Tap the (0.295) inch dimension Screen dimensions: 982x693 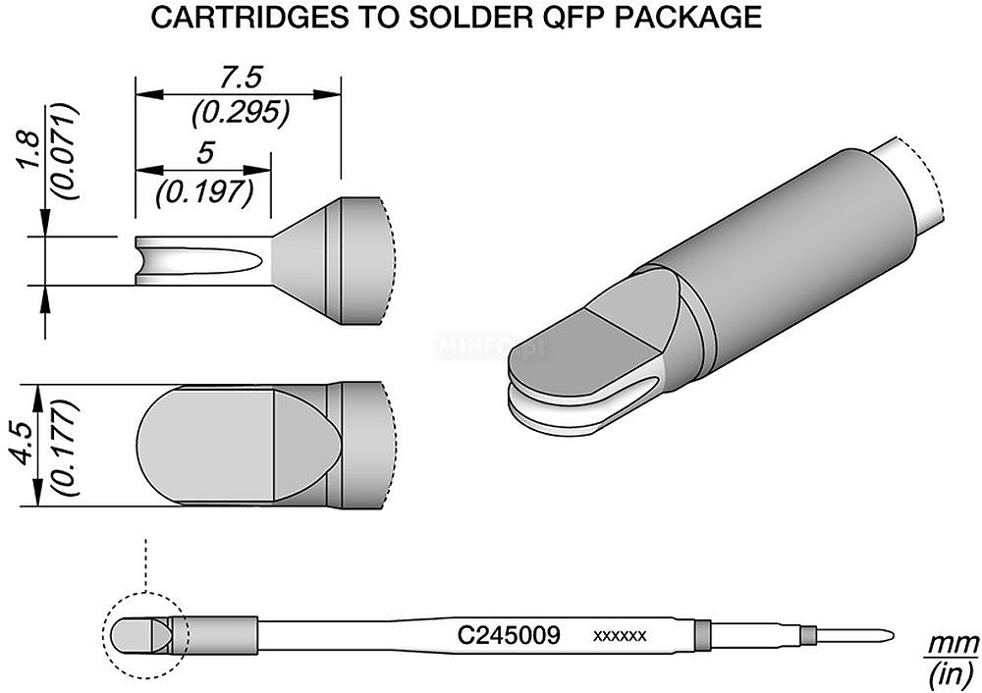point(242,112)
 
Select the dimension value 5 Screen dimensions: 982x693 point(205,153)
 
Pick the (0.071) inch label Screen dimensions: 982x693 point(67,151)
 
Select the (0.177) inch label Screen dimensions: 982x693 point(67,446)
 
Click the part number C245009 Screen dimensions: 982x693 point(509,636)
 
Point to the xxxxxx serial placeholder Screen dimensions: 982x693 point(620,637)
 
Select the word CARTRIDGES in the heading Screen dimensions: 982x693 point(250,18)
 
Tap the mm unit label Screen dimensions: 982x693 point(954,643)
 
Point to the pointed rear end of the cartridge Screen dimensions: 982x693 point(891,637)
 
